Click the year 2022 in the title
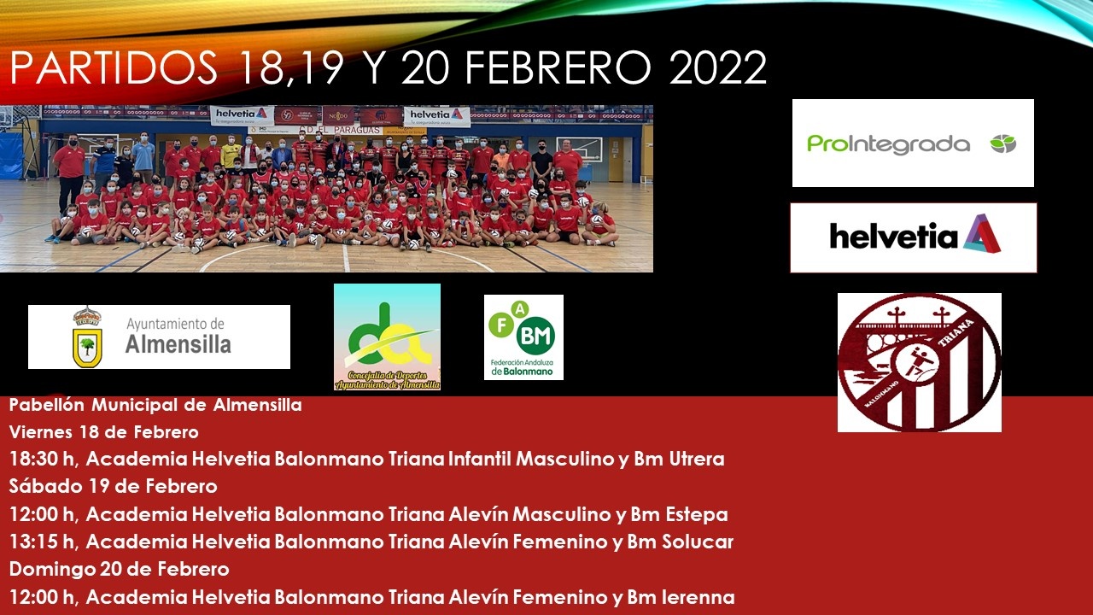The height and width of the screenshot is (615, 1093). coord(717,68)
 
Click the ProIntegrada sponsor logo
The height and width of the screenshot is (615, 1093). coord(912,143)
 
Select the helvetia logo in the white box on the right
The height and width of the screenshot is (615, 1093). coord(913,237)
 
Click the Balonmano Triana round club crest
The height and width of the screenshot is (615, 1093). coord(919,362)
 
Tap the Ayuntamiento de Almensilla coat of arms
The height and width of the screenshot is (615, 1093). coord(86,337)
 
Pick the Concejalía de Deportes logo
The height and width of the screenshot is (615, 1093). coord(387,337)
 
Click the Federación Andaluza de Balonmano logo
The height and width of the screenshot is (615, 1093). coord(523,337)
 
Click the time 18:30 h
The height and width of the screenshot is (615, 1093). coord(44,460)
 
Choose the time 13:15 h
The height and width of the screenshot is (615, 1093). coord(44,542)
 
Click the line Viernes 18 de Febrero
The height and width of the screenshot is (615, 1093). coord(103,432)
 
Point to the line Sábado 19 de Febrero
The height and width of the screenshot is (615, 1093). coord(113,487)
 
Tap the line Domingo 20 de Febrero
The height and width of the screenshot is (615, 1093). coord(119,570)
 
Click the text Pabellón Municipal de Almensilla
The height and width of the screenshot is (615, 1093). coord(155,405)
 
